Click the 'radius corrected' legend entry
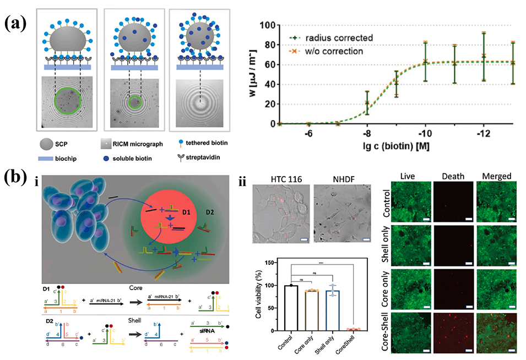click(332, 39)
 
